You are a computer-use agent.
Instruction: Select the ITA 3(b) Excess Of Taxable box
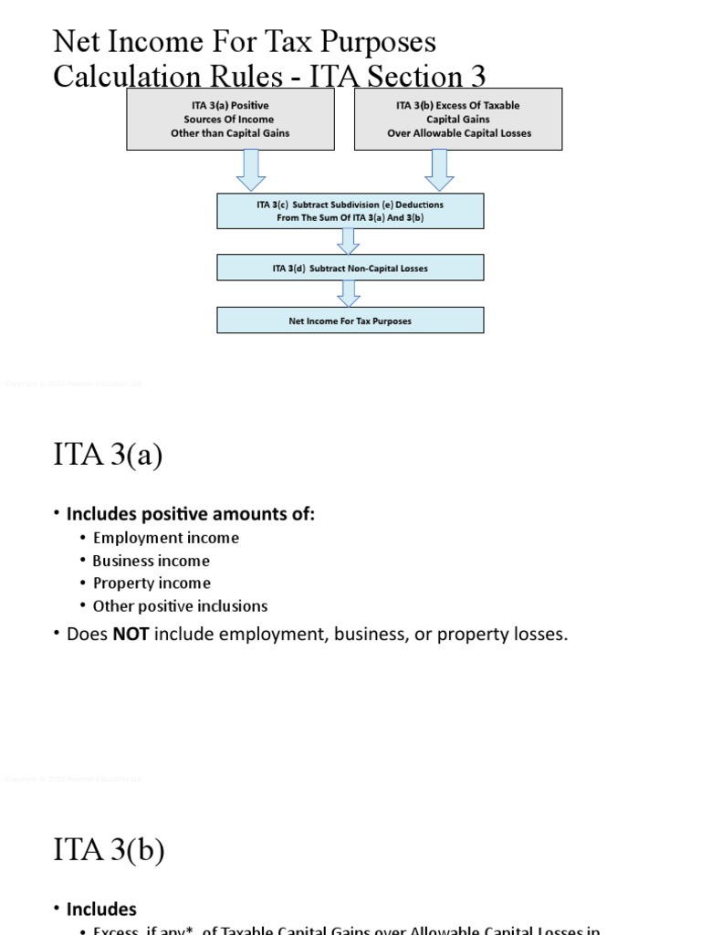tap(457, 120)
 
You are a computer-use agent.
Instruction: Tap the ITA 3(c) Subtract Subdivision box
tap(350, 211)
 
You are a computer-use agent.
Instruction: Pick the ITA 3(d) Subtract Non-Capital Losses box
tap(350, 268)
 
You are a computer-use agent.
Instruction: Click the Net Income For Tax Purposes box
tap(350, 320)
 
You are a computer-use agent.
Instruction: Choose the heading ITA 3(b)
tap(109, 850)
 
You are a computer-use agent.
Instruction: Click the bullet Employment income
tap(166, 538)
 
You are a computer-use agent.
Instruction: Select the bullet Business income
tap(152, 561)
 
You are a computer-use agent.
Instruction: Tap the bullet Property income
tap(152, 583)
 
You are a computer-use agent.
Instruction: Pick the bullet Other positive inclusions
tap(180, 605)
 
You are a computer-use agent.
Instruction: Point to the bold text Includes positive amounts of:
tap(190, 514)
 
